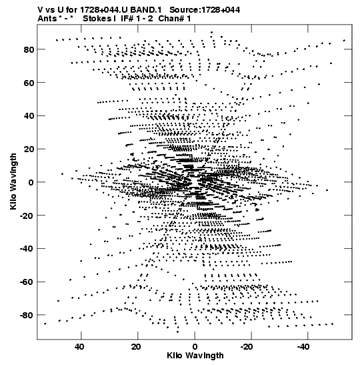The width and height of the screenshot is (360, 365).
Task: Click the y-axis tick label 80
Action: tap(29, 49)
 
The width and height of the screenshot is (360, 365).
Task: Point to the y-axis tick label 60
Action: tap(29, 83)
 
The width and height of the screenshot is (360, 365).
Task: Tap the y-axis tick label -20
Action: tap(27, 216)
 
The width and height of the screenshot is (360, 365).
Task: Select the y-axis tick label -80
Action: tap(27, 316)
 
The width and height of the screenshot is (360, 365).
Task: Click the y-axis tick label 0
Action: tap(31, 183)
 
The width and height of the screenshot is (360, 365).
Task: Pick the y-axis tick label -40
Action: tap(27, 249)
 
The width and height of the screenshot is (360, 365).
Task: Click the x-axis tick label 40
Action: tap(79, 347)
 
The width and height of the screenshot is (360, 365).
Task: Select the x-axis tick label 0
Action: tap(195, 347)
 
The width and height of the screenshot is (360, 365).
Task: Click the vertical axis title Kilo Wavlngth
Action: tap(13, 181)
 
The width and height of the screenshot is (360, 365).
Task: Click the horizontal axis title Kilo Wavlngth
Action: tap(195, 356)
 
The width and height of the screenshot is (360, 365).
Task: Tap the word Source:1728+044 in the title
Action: tap(205, 10)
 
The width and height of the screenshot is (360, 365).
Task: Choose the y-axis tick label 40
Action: tap(29, 116)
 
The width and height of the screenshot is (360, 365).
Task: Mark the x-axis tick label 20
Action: tap(136, 347)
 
